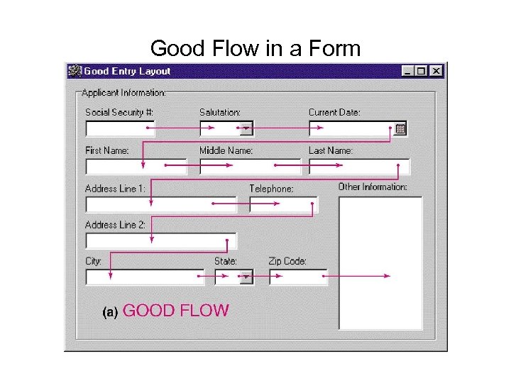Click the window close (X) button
[436, 71]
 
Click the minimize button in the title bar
[407, 71]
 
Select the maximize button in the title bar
[422, 71]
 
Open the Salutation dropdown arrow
[246, 129]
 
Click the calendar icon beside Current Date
[400, 129]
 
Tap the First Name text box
[136, 167]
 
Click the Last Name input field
[358, 167]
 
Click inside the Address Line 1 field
[160, 204]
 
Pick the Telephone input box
[283, 204]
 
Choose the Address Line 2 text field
[160, 240]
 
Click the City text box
[145, 277]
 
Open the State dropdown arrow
[246, 277]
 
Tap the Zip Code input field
[298, 277]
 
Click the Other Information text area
[380, 262]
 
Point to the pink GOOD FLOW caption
[176, 311]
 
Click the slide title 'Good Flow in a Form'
[255, 48]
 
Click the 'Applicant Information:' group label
[123, 93]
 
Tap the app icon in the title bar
[74, 71]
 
